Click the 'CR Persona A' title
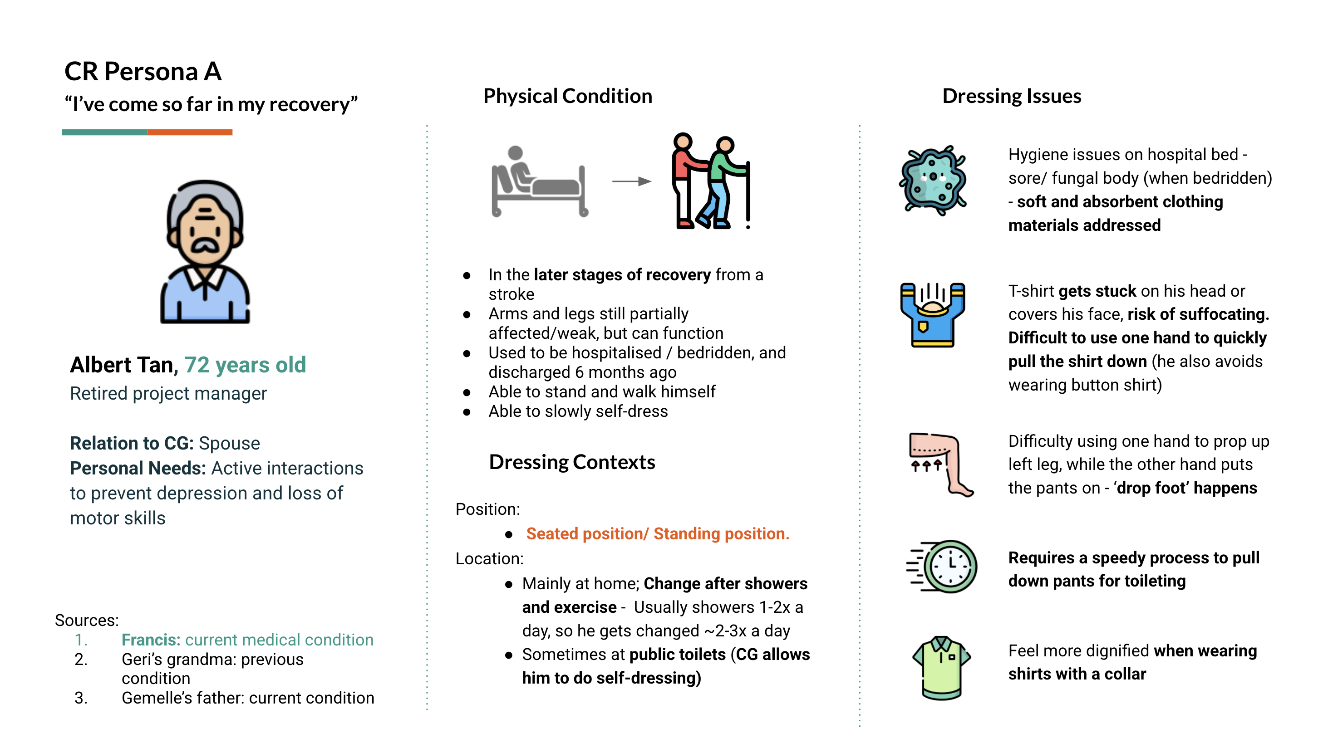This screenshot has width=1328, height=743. click(143, 71)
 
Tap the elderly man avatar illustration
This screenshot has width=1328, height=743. click(205, 252)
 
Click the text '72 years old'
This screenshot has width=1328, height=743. click(245, 365)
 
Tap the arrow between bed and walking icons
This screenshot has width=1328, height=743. click(631, 181)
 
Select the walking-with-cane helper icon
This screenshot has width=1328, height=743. click(710, 181)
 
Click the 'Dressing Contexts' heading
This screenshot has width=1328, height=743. click(572, 462)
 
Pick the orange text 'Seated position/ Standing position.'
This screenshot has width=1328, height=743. click(657, 534)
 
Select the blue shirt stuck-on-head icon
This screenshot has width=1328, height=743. click(932, 314)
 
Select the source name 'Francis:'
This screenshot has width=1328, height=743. click(151, 640)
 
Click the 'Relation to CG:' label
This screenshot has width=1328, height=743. click(132, 443)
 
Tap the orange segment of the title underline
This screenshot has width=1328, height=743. click(190, 132)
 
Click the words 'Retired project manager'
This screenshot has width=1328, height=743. click(168, 394)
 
